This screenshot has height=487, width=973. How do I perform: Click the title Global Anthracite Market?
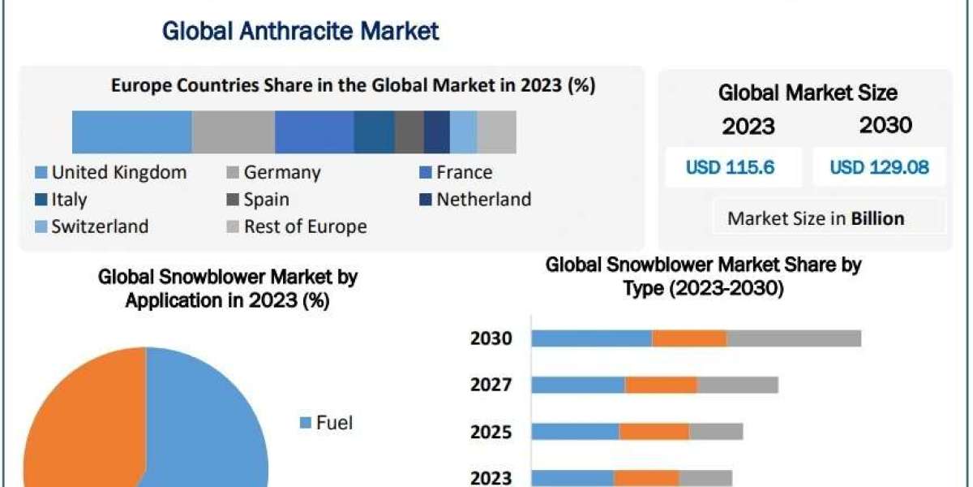(x=301, y=32)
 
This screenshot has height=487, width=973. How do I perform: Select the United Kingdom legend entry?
(x=111, y=173)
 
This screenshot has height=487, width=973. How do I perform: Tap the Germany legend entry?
(x=273, y=173)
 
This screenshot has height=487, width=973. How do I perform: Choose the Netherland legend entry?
(x=475, y=200)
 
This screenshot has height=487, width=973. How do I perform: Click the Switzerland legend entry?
(x=92, y=227)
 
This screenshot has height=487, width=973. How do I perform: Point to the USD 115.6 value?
(x=730, y=168)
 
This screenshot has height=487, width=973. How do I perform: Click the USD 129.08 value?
(x=879, y=168)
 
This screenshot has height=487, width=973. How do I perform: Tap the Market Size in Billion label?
(x=816, y=218)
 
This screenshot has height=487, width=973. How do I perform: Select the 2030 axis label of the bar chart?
(x=491, y=338)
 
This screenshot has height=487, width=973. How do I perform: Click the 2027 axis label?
(x=491, y=384)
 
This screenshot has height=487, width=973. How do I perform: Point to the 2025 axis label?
(x=491, y=431)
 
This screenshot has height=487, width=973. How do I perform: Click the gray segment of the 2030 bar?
(x=794, y=338)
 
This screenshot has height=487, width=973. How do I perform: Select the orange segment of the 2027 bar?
(x=661, y=384)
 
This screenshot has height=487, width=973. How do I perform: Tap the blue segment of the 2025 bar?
(x=575, y=431)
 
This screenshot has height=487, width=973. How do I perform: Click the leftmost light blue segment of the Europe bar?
(x=131, y=132)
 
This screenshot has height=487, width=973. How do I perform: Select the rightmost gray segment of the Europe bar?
(x=496, y=132)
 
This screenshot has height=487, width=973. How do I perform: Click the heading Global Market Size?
(x=807, y=93)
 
